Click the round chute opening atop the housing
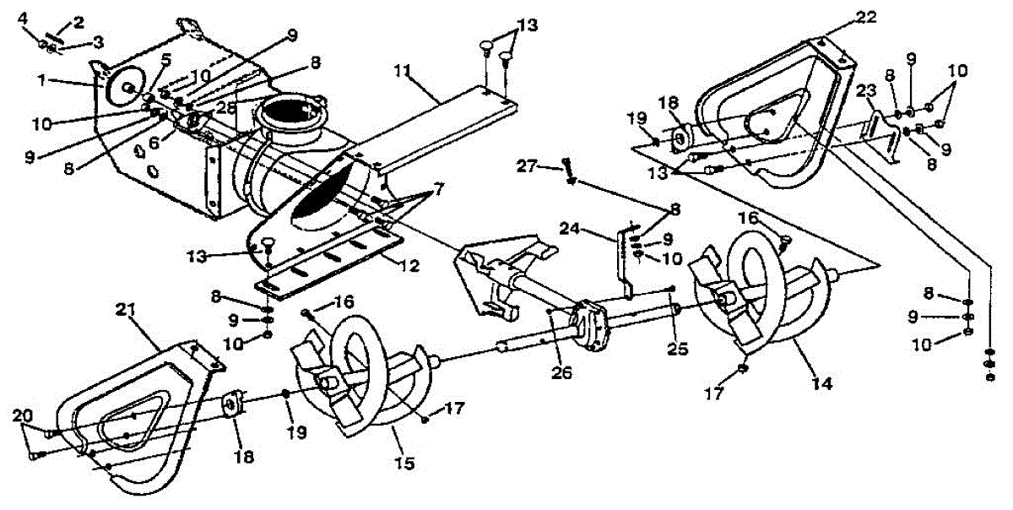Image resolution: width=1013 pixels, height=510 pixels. (291, 116)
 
